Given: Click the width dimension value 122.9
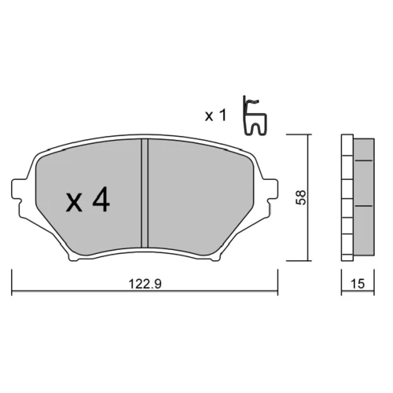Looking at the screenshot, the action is (145, 284).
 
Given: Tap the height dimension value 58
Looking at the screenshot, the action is (301, 197).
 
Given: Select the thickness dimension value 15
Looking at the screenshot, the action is (358, 284).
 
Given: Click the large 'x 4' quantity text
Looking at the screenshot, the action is (88, 200).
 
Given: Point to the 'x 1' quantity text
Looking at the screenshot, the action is (215, 116).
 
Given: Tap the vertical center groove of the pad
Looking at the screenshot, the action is (145, 193).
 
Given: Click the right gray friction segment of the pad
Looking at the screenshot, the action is (199, 195).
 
